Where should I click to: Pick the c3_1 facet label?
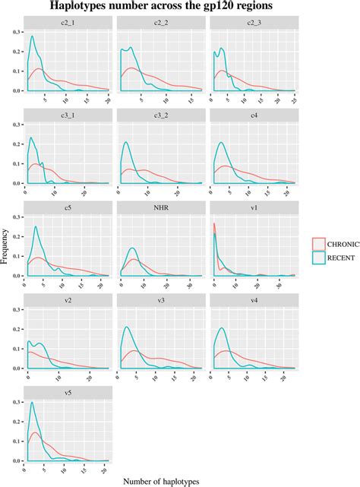point(68,115)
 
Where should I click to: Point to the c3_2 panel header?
point(160,115)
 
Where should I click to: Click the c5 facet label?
point(68,208)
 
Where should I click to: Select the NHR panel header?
point(160,208)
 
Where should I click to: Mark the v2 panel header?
point(68,301)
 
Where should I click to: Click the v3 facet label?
point(160,301)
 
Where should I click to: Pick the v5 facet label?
point(68,394)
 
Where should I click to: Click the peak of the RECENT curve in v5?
point(32,403)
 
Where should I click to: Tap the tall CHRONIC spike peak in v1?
point(214,223)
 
